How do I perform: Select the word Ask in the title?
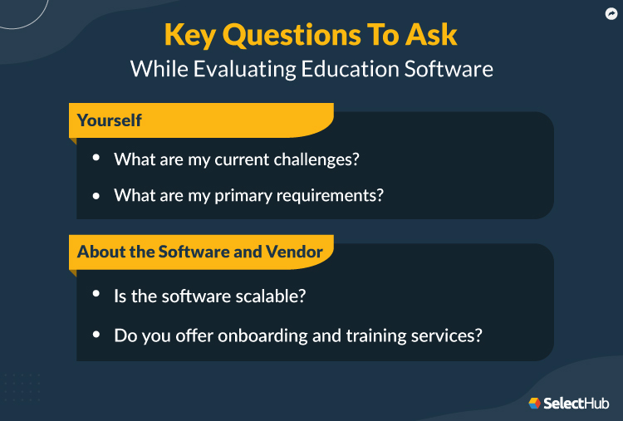tap(428, 35)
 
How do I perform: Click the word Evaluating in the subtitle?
tap(239, 68)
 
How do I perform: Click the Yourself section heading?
tap(110, 120)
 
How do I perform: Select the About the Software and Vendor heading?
tap(200, 251)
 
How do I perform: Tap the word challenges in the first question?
tap(316, 159)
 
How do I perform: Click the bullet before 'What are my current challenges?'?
tap(96, 158)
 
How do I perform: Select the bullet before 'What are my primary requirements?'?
tap(96, 195)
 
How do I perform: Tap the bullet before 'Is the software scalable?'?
tap(96, 294)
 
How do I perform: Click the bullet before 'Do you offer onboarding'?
tap(96, 335)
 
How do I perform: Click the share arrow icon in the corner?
tap(610, 13)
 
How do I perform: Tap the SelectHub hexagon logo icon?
tap(534, 404)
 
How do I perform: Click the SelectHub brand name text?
tap(576, 404)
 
